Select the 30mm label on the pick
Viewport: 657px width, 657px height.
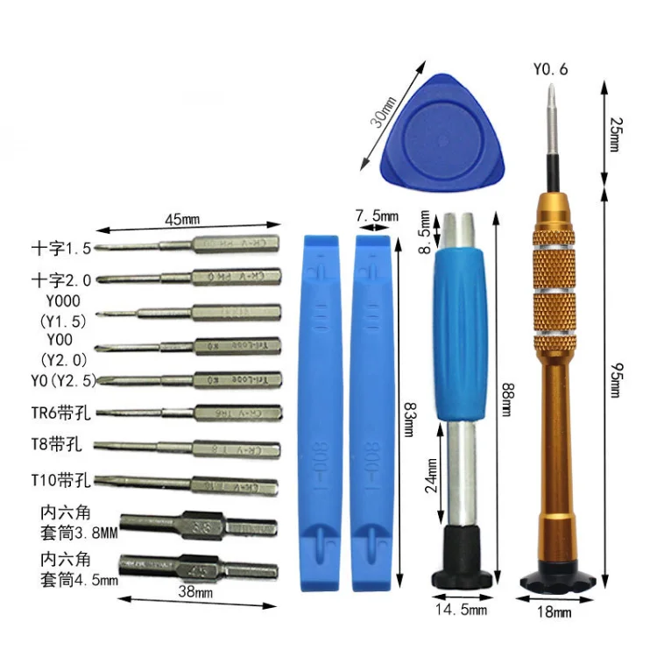(383, 114)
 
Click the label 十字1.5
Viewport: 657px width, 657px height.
(60, 248)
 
